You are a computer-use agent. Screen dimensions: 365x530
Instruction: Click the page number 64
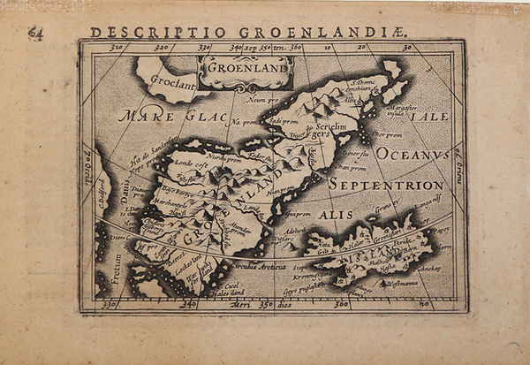(35, 34)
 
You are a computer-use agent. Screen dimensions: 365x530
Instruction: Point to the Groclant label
(172, 85)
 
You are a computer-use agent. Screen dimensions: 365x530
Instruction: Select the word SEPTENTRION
(386, 185)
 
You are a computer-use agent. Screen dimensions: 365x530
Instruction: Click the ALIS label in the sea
(335, 213)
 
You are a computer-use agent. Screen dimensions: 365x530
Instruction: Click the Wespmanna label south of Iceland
(399, 281)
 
